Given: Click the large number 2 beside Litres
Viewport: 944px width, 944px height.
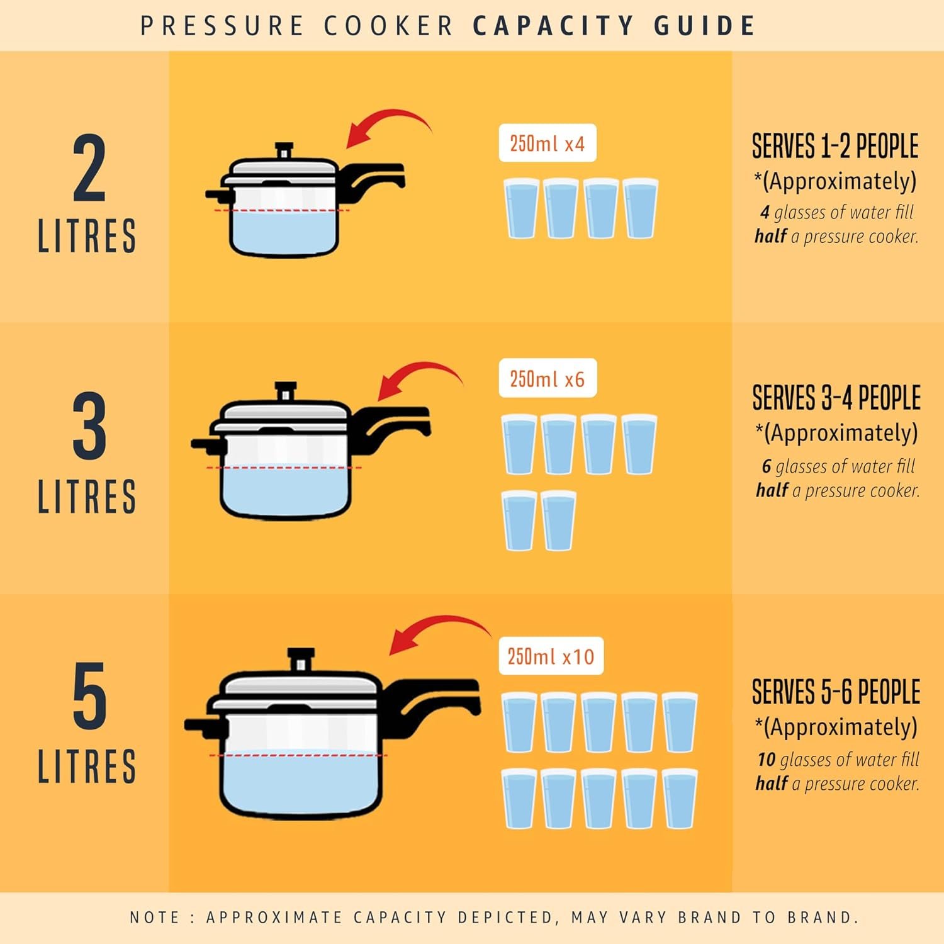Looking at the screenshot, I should [x=89, y=168].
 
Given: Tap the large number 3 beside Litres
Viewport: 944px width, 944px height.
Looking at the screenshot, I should [x=89, y=426].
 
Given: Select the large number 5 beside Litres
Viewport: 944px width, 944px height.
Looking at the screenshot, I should [x=89, y=696].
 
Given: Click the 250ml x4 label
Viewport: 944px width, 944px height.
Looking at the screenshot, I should [x=547, y=143].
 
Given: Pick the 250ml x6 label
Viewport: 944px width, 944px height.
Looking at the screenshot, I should [x=547, y=379].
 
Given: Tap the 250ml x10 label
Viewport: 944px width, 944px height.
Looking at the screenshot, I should [x=551, y=656].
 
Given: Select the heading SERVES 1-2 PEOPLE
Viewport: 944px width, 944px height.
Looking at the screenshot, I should [x=835, y=146].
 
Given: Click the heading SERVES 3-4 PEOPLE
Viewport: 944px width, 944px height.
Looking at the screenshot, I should [x=836, y=398].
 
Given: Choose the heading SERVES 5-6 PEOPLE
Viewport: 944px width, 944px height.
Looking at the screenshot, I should [x=836, y=692].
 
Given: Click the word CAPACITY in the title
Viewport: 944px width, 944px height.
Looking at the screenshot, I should [x=553, y=26].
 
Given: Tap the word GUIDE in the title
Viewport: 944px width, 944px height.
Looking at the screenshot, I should [x=704, y=26].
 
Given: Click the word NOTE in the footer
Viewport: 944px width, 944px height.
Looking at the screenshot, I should [x=154, y=918].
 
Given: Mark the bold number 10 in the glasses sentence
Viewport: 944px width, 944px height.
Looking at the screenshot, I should [x=766, y=760].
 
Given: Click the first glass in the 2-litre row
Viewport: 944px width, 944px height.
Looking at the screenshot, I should [x=521, y=208].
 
